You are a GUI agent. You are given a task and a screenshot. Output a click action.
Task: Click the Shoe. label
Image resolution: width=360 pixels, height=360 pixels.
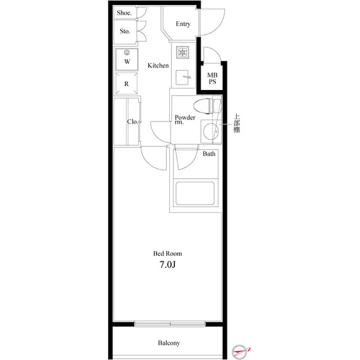pyautogui.click(x=124, y=13)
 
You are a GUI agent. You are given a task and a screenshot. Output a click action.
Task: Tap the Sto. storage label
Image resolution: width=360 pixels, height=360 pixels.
pyautogui.click(x=124, y=31)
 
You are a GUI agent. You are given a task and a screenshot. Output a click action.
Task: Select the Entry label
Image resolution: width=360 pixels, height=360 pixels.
pyautogui.click(x=183, y=24)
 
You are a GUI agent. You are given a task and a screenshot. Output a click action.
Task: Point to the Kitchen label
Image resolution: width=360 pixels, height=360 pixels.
pyautogui.click(x=158, y=66)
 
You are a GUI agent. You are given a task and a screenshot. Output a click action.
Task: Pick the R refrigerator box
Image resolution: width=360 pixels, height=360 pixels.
pyautogui.click(x=127, y=83)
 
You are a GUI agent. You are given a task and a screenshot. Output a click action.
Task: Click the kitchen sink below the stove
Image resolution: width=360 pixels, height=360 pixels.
pyautogui.click(x=182, y=78)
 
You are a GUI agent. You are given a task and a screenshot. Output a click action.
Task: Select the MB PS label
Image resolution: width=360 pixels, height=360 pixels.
pyautogui.click(x=212, y=78)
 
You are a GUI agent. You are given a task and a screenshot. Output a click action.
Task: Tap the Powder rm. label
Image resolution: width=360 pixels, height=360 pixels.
pyautogui.click(x=184, y=120)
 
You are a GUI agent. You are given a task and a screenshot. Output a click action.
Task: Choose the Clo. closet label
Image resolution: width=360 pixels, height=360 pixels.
pyautogui.click(x=133, y=121)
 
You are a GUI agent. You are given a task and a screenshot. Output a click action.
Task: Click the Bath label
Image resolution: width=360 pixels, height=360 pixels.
pyautogui.click(x=209, y=154)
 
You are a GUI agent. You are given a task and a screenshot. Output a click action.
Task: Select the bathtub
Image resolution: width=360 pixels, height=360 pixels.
pyautogui.click(x=195, y=193)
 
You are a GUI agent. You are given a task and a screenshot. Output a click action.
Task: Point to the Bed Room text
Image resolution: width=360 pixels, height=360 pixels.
pyautogui.click(x=168, y=254)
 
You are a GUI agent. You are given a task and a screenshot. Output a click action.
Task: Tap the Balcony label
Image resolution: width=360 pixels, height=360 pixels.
pyautogui.click(x=169, y=343)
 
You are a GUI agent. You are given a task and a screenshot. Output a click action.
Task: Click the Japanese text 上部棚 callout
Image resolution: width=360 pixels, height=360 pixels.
pyautogui.click(x=237, y=124)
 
